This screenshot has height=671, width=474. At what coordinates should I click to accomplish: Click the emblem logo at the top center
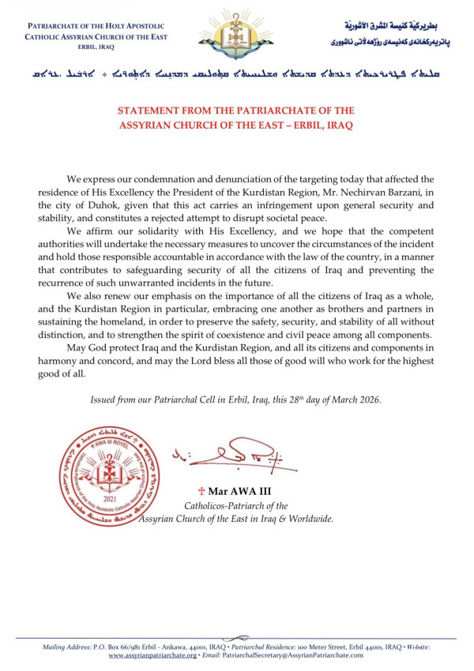tap(236, 29)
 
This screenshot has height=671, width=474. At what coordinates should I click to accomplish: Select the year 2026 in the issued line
tap(367, 399)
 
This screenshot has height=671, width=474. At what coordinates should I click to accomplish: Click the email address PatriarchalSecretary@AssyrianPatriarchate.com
tap(293, 655)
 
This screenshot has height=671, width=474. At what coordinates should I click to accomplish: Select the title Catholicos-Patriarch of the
tap(236, 506)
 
